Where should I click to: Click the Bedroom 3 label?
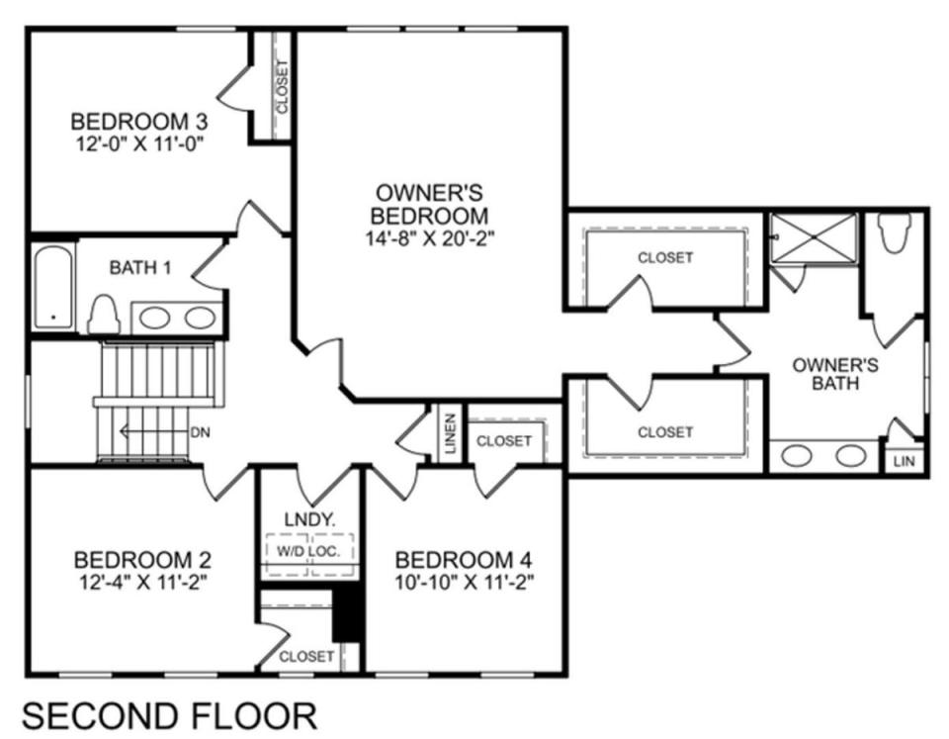139,121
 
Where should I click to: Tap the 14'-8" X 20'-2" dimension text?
430,238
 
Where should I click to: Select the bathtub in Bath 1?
53,288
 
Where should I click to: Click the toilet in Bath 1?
104,314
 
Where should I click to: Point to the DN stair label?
201,432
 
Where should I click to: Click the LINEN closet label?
451,433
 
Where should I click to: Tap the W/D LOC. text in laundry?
308,551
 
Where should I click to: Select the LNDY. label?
309,519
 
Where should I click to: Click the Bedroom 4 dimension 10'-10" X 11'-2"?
465,582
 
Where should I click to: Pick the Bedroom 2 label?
142,559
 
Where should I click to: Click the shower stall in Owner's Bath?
814,238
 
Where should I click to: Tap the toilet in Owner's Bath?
896,232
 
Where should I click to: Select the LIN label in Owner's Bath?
905,462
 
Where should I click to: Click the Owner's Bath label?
835,374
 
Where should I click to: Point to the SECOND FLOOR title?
169,716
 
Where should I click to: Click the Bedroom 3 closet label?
282,86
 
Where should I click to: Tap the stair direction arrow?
154,432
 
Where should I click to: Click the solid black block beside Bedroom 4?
347,613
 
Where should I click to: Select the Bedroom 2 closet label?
306,656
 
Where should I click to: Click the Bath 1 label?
140,267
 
